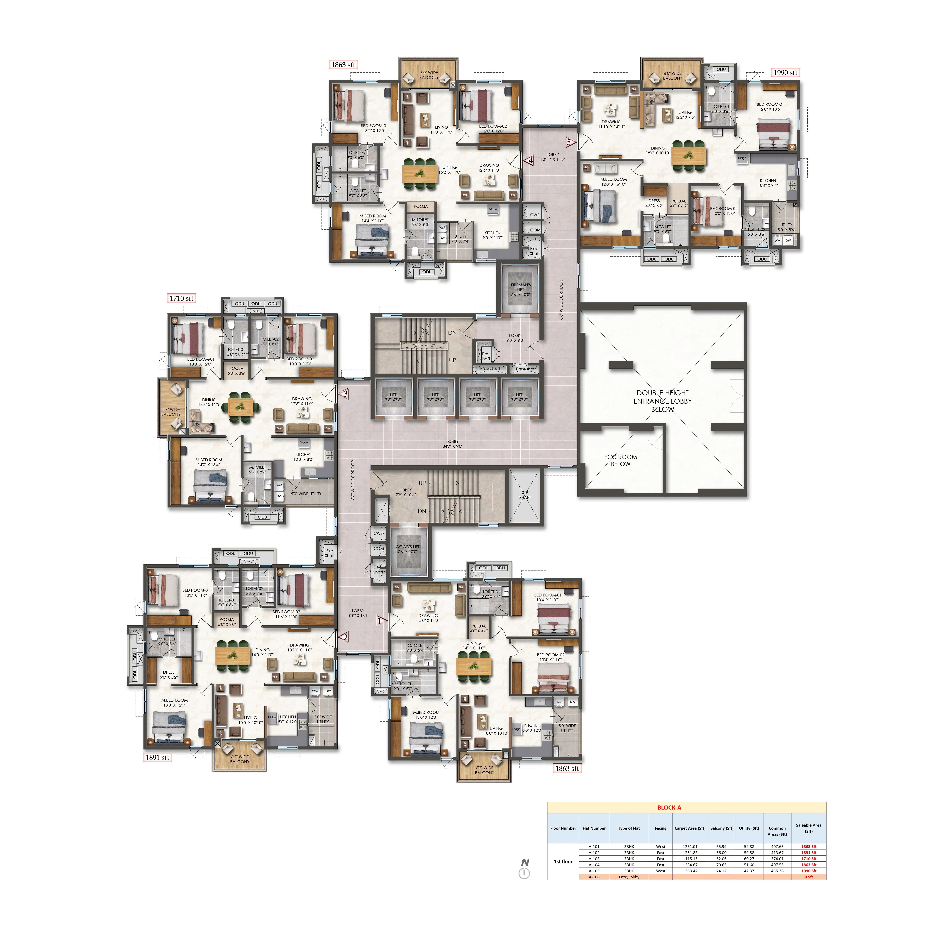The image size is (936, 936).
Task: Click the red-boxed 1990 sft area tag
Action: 785,73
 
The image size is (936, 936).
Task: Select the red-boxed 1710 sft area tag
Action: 181,298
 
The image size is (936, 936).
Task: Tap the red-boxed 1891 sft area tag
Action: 157,757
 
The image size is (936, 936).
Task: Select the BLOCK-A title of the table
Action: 669,808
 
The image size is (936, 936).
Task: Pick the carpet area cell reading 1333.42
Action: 690,871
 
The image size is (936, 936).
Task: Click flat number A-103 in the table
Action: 594,858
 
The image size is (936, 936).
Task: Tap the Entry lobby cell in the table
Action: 629,877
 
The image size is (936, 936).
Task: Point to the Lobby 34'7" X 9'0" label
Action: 452,444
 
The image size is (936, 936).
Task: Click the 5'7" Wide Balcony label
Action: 171,412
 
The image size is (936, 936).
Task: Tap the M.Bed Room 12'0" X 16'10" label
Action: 613,182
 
